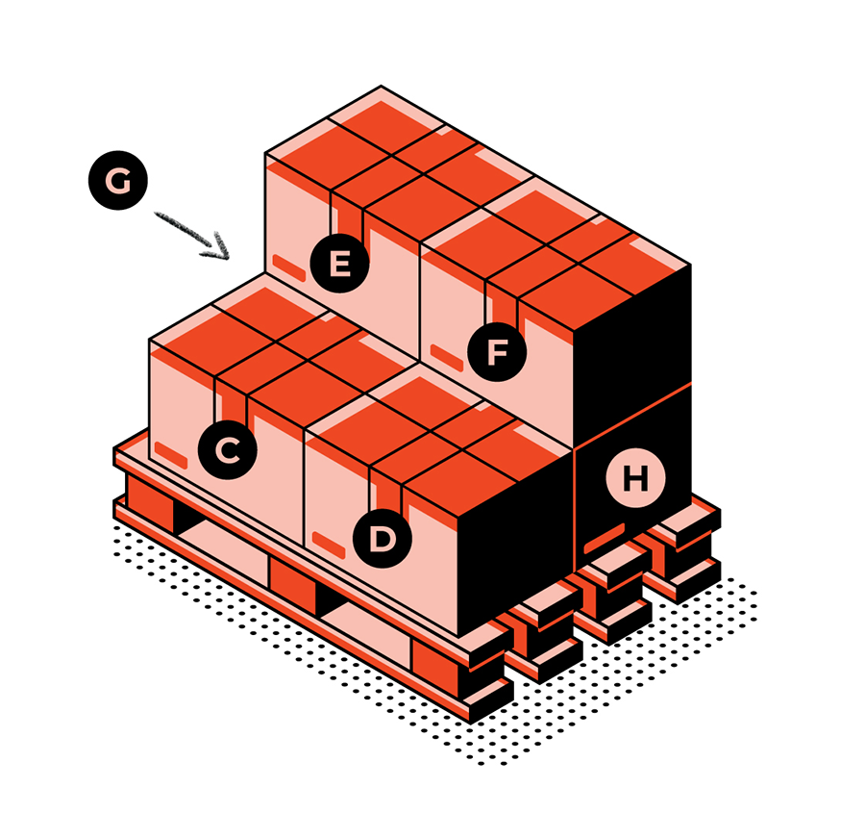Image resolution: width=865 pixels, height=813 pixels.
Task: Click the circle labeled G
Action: click(x=118, y=180)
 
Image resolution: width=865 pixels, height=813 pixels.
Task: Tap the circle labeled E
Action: click(x=339, y=263)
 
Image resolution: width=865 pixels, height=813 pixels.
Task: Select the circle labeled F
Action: click(x=497, y=352)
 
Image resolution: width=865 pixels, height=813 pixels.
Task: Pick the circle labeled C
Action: click(x=227, y=449)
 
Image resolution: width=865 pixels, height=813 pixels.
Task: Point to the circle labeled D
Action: click(x=383, y=539)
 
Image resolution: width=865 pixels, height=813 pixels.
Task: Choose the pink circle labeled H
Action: click(x=635, y=478)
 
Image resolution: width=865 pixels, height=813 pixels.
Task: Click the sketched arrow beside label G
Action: click(x=192, y=236)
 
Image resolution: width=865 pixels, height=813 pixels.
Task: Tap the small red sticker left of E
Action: click(x=289, y=267)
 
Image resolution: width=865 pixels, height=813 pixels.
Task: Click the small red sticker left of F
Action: click(x=446, y=357)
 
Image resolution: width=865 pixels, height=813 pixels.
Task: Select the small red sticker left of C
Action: click(x=170, y=455)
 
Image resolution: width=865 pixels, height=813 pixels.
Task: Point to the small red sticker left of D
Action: click(x=329, y=545)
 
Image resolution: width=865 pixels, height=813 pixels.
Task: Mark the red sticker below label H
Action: click(x=605, y=538)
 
